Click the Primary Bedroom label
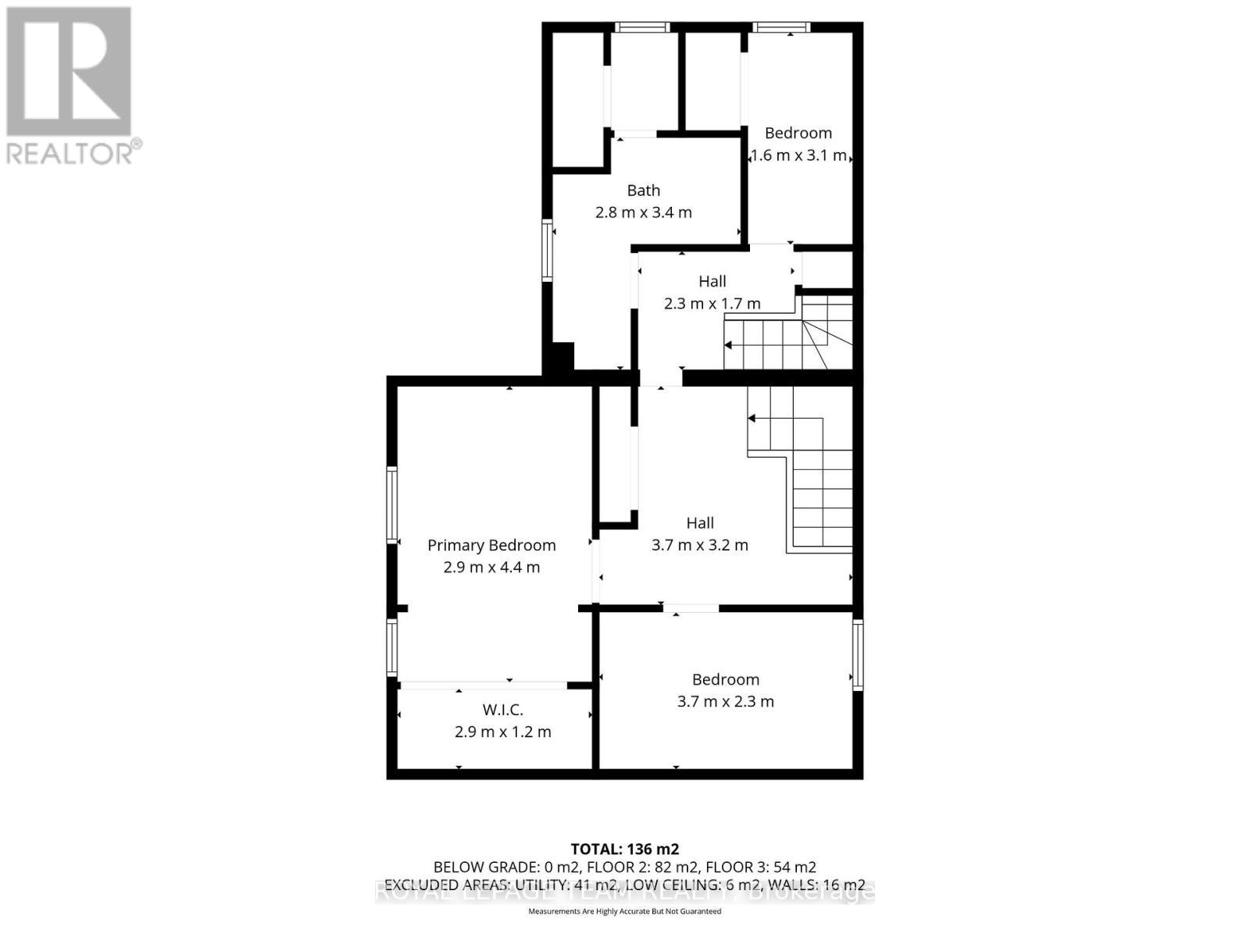[491, 545]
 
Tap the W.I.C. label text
[502, 710]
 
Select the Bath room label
[644, 191]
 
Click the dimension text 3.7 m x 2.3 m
[725, 701]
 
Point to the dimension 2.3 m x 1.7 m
[712, 303]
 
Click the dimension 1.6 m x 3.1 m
[798, 155]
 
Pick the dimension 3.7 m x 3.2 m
[700, 545]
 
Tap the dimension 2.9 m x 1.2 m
[502, 732]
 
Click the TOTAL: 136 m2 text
[624, 849]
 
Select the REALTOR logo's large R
[69, 71]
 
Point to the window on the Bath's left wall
[548, 251]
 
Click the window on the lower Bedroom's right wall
[857, 654]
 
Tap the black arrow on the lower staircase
[752, 419]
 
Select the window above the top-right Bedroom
[781, 28]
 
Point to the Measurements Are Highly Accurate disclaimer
[624, 911]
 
